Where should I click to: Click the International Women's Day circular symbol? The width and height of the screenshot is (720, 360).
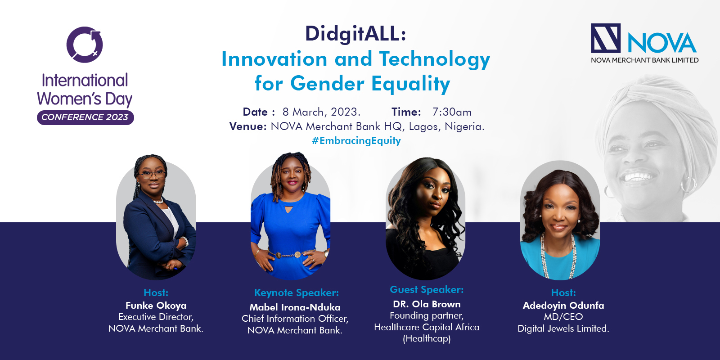click(x=85, y=45)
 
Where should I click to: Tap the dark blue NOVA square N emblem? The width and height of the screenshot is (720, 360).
click(x=606, y=38)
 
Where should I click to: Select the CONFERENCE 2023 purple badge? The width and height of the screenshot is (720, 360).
click(x=85, y=117)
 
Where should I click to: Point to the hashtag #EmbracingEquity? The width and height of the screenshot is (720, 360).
click(x=356, y=140)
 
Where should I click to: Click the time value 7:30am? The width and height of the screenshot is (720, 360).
click(x=452, y=112)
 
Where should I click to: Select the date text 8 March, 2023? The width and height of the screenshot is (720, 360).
click(x=321, y=112)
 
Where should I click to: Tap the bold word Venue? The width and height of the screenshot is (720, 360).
click(x=248, y=126)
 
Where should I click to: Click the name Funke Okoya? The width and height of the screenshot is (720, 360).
click(x=156, y=306)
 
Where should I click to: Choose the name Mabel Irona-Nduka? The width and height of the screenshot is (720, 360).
click(x=295, y=307)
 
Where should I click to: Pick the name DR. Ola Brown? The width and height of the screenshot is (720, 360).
click(x=427, y=304)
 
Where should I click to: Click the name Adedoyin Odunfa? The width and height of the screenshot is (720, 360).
click(x=563, y=306)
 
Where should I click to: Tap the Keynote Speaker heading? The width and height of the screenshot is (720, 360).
click(x=297, y=293)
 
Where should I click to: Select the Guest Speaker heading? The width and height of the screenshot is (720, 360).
click(x=427, y=290)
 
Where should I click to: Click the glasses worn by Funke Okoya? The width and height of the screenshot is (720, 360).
click(x=152, y=174)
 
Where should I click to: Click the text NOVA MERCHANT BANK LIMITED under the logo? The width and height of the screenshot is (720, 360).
click(x=644, y=60)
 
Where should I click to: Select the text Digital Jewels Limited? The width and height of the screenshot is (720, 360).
click(x=563, y=328)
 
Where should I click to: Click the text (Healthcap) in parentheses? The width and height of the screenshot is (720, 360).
click(x=427, y=339)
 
